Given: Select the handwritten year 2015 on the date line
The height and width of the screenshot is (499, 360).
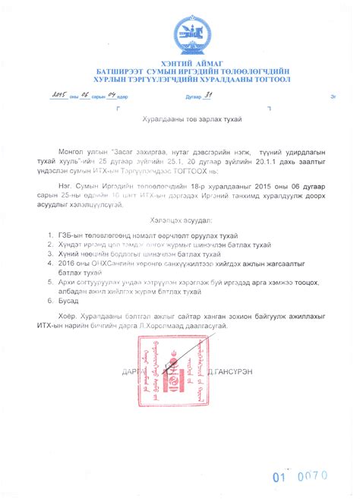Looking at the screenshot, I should click(x=58, y=96).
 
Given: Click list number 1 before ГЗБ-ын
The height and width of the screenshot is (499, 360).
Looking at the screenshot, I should click(x=50, y=235).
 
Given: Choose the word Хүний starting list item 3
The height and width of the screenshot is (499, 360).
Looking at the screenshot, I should click(x=68, y=255).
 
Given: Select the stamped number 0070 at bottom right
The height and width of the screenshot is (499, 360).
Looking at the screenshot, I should click(x=311, y=477).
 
